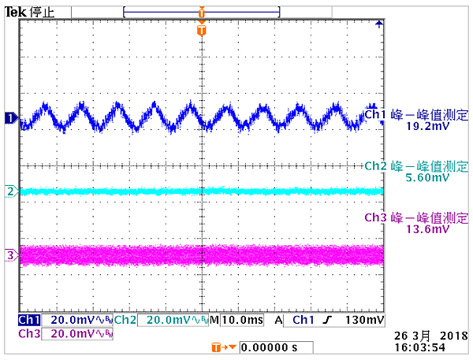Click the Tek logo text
(x=15, y=11)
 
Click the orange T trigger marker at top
(x=202, y=30)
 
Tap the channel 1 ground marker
(x=10, y=118)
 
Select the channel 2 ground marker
(x=10, y=191)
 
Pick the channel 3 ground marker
(x=10, y=255)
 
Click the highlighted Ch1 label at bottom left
(x=28, y=321)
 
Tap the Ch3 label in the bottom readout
(x=28, y=333)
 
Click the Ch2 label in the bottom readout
(x=125, y=321)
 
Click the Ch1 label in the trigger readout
(x=304, y=321)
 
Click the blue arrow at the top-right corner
(x=378, y=24)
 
